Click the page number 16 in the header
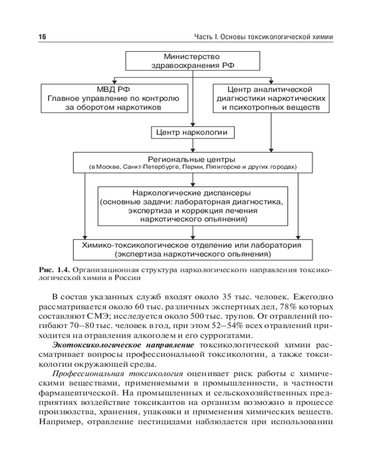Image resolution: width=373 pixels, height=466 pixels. [41, 37]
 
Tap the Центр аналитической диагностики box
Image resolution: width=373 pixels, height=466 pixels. [270, 98]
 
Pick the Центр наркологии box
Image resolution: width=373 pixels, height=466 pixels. [192, 133]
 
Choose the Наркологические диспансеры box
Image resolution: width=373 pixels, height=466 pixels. [192, 205]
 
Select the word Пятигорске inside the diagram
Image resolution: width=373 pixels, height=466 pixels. [221, 166]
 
